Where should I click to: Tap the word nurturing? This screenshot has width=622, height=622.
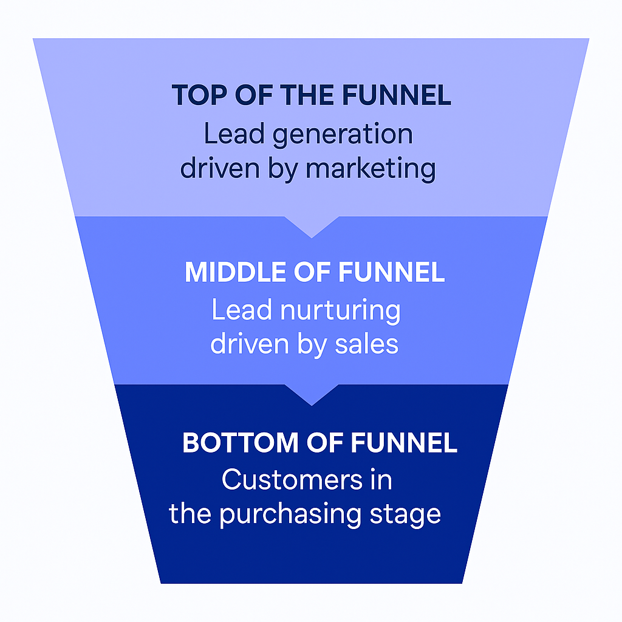(340, 311)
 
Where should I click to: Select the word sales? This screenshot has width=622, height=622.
(367, 344)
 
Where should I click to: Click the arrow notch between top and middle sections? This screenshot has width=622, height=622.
(311, 227)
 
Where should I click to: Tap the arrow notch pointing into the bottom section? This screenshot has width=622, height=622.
(311, 394)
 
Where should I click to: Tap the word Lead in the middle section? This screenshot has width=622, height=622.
(241, 311)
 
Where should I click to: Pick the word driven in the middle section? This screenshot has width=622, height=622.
(242, 344)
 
